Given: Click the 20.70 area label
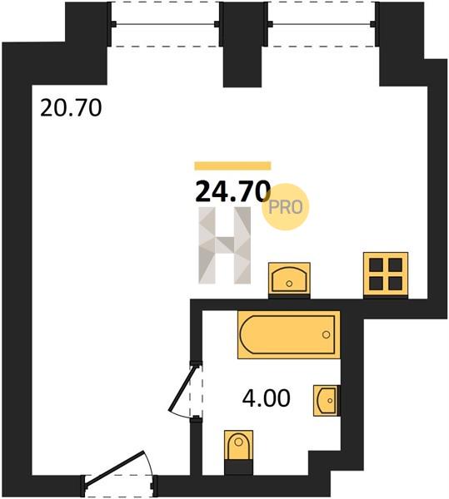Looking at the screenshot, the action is [x=71, y=108].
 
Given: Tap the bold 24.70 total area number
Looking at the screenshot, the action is [x=232, y=191].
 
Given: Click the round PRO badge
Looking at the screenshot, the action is [x=286, y=207].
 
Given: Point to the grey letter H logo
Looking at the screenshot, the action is [x=225, y=245].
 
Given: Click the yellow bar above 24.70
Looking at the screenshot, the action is [x=232, y=166].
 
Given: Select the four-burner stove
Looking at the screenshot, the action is [x=386, y=274].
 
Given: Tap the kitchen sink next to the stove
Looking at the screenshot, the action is [x=289, y=279].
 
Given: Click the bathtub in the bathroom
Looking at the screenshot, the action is [x=288, y=334].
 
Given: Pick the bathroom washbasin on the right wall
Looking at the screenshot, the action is [x=326, y=400].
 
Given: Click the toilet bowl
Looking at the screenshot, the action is [x=238, y=445].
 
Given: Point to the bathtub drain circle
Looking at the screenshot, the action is [x=326, y=334].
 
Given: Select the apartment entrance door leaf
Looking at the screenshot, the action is [x=115, y=467].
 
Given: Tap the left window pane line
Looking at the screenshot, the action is [x=165, y=24].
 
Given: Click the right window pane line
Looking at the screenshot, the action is [x=322, y=24].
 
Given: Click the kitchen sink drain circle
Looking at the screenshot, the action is [x=289, y=284].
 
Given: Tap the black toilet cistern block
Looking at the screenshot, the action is [x=238, y=467].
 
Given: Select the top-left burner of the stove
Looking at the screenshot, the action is [x=376, y=264].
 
